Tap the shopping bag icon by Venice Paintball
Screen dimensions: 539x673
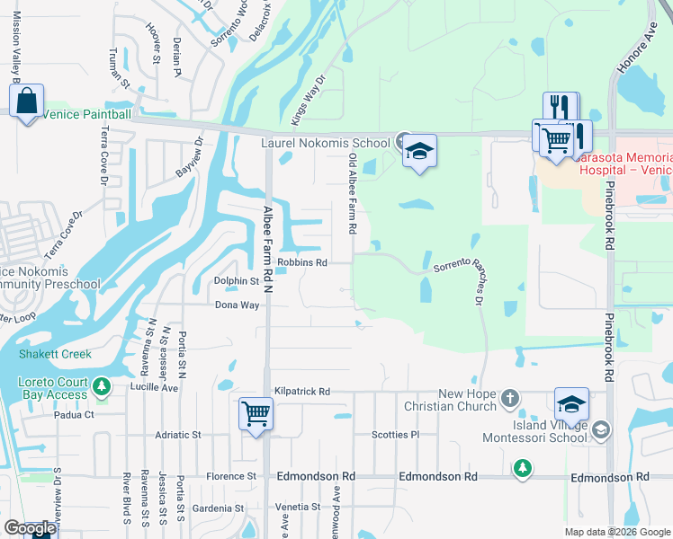pos(27,103)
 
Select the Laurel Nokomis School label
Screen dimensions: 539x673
pos(325,142)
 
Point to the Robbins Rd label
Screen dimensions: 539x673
pos(301,263)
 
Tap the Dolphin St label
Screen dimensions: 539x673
pos(236,281)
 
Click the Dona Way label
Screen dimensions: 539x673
pos(237,305)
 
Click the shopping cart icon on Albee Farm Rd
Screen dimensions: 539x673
pos(256,415)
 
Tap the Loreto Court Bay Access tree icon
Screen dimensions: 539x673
pos(102,387)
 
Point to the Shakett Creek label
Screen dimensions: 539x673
pos(56,354)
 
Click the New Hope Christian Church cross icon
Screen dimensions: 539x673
pos(510,397)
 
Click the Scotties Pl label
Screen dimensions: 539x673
pos(396,435)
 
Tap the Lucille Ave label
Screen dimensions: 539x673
pos(154,388)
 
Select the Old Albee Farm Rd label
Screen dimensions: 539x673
pos(353,195)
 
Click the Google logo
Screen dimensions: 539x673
pos(29,528)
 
